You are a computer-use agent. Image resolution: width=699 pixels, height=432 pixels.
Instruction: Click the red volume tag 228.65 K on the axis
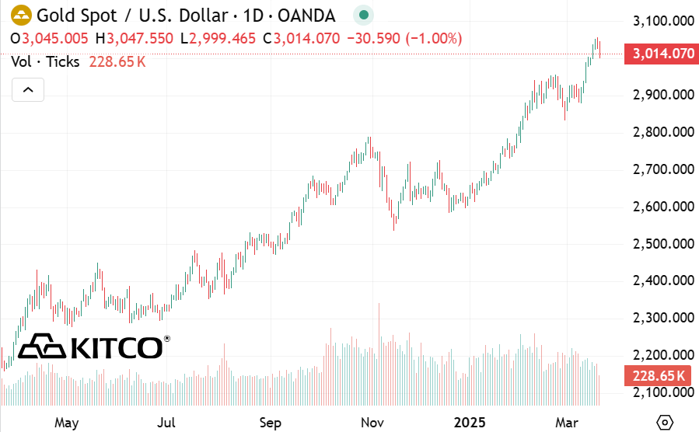[x=659, y=375]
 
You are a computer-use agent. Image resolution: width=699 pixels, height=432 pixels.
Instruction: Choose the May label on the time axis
[x=67, y=423]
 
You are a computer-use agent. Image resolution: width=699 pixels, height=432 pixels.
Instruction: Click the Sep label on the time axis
[x=270, y=423]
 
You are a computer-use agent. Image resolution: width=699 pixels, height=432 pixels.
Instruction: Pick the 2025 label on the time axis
[x=470, y=423]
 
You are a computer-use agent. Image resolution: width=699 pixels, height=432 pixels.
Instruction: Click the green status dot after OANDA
[x=362, y=15]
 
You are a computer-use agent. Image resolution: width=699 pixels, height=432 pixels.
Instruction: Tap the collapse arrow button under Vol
[x=28, y=90]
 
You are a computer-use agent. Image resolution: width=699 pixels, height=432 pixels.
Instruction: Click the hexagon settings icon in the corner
[x=665, y=422]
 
